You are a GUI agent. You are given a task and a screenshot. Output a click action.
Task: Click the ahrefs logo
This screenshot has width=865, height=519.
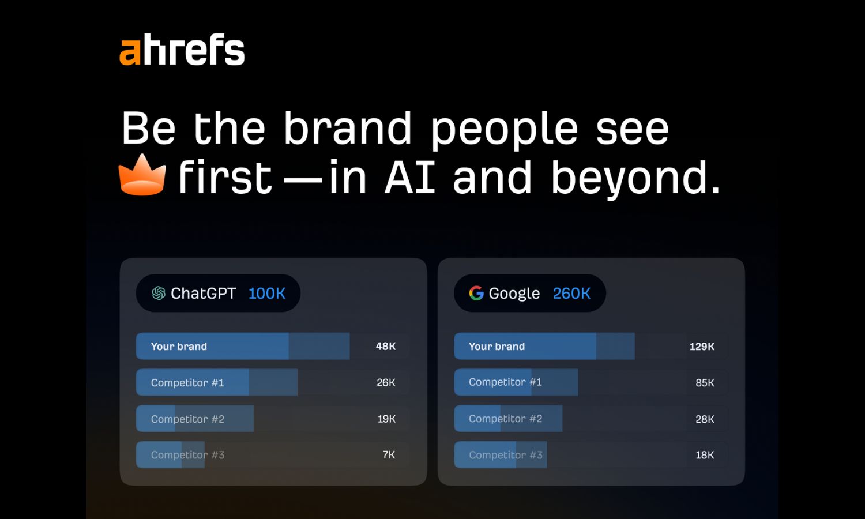point(182,50)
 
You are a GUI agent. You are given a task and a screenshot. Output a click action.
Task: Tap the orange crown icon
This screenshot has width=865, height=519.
point(142,175)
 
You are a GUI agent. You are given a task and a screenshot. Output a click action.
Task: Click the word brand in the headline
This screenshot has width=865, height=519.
point(348,128)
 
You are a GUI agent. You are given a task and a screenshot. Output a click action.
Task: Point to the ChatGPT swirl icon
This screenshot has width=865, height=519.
point(159,294)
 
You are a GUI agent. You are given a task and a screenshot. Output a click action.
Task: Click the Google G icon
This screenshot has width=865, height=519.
point(476,294)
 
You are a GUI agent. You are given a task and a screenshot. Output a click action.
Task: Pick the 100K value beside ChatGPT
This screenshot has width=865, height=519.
point(267,294)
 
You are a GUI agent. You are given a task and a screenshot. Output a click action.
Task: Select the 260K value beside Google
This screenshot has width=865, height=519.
point(571,294)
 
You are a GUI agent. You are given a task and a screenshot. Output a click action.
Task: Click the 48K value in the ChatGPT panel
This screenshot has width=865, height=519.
point(386,346)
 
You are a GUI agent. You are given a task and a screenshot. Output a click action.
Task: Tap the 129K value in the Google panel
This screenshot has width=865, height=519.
point(702,347)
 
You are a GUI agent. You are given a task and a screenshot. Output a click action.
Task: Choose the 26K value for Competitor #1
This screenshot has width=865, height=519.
point(386,382)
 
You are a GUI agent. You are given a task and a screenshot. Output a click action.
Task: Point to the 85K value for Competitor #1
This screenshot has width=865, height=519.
point(705,383)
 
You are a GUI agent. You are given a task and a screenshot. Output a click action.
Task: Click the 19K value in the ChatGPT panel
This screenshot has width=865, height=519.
point(386,419)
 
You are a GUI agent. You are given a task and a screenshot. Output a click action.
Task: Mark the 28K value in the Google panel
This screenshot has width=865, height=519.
point(705,419)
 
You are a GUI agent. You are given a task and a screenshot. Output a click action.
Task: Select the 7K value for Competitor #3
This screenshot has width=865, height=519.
point(389,454)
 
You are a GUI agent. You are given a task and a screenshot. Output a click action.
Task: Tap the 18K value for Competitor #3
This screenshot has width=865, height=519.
point(705,455)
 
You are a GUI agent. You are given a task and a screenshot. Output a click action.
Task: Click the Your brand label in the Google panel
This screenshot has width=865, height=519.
point(497,347)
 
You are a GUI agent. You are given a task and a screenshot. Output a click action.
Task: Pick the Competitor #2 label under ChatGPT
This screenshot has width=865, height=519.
point(187,419)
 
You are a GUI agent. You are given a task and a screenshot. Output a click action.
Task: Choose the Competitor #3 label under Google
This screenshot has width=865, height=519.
point(506,455)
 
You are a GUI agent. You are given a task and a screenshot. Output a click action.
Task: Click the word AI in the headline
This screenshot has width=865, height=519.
point(410,177)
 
